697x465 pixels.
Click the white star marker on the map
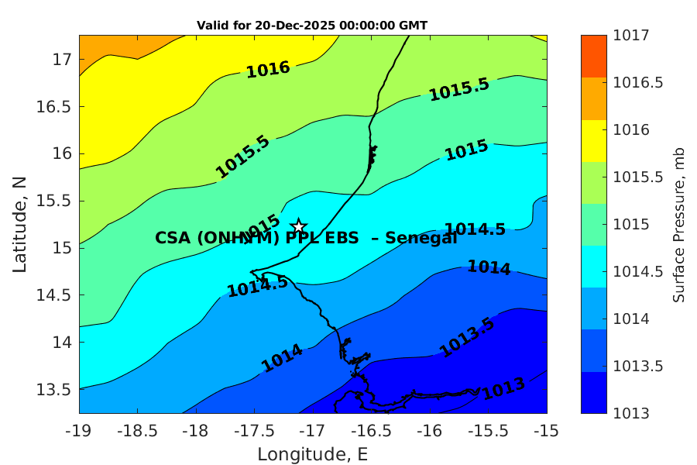click(298, 226)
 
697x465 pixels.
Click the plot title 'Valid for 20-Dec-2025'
click(312, 26)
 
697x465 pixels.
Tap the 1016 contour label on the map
click(268, 69)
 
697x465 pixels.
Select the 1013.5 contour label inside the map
click(467, 338)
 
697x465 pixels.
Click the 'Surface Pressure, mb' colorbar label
click(678, 224)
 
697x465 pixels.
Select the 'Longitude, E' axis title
click(313, 454)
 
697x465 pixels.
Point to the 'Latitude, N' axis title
click(20, 224)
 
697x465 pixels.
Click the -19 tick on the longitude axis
click(79, 429)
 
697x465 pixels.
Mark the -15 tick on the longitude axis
click(547, 429)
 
